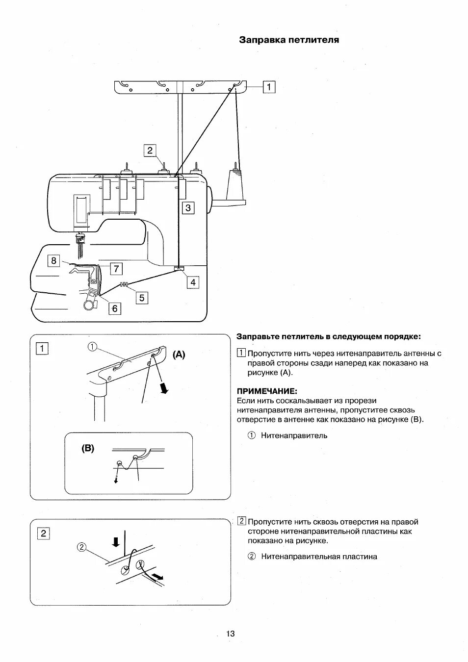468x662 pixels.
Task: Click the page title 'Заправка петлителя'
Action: [x=289, y=40]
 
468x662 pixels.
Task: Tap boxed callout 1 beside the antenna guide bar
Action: [x=269, y=87]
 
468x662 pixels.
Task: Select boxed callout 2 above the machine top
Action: [x=150, y=151]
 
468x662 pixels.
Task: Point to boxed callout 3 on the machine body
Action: [x=188, y=208]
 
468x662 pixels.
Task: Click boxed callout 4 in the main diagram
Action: [x=193, y=282]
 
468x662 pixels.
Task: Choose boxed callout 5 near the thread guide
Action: [x=141, y=298]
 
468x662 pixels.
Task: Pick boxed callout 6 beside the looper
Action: [x=115, y=308]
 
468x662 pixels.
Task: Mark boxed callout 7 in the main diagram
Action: [x=116, y=269]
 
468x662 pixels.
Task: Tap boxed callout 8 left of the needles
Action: [x=54, y=261]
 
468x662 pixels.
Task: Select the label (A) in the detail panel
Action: [x=179, y=355]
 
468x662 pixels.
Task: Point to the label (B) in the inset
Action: [x=88, y=448]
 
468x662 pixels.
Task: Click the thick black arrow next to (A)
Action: [x=165, y=388]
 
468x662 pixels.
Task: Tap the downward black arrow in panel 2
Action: [x=116, y=541]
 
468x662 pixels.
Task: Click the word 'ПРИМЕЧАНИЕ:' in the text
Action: [x=267, y=391]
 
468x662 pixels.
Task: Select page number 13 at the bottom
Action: [x=230, y=634]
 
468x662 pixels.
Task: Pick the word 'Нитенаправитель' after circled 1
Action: [x=294, y=435]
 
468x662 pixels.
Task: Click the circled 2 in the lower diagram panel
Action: [x=82, y=547]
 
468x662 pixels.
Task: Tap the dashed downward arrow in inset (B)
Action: [x=117, y=477]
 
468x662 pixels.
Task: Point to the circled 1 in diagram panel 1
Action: [x=92, y=347]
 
